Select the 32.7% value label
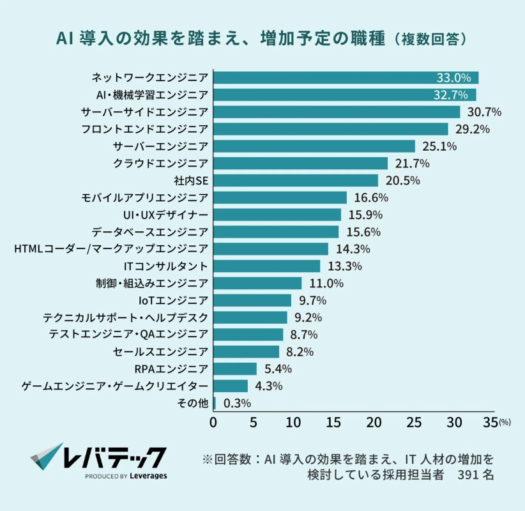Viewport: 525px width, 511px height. pyautogui.click(x=453, y=95)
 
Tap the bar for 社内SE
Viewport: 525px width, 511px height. pyautogui.click(x=296, y=181)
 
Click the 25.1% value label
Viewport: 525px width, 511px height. pyautogui.click(x=438, y=146)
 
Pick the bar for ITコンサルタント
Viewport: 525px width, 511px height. pyautogui.click(x=267, y=266)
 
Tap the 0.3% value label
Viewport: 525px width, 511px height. pyautogui.click(x=237, y=403)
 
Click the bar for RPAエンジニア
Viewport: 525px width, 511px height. pyautogui.click(x=235, y=369)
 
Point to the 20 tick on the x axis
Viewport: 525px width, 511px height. pyautogui.click(x=374, y=423)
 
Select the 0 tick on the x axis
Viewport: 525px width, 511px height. pyautogui.click(x=213, y=423)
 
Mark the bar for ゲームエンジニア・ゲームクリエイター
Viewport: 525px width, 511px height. pyautogui.click(x=231, y=386)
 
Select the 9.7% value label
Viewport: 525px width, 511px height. pyautogui.click(x=313, y=300)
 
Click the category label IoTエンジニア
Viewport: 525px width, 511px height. pyautogui.click(x=173, y=300)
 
